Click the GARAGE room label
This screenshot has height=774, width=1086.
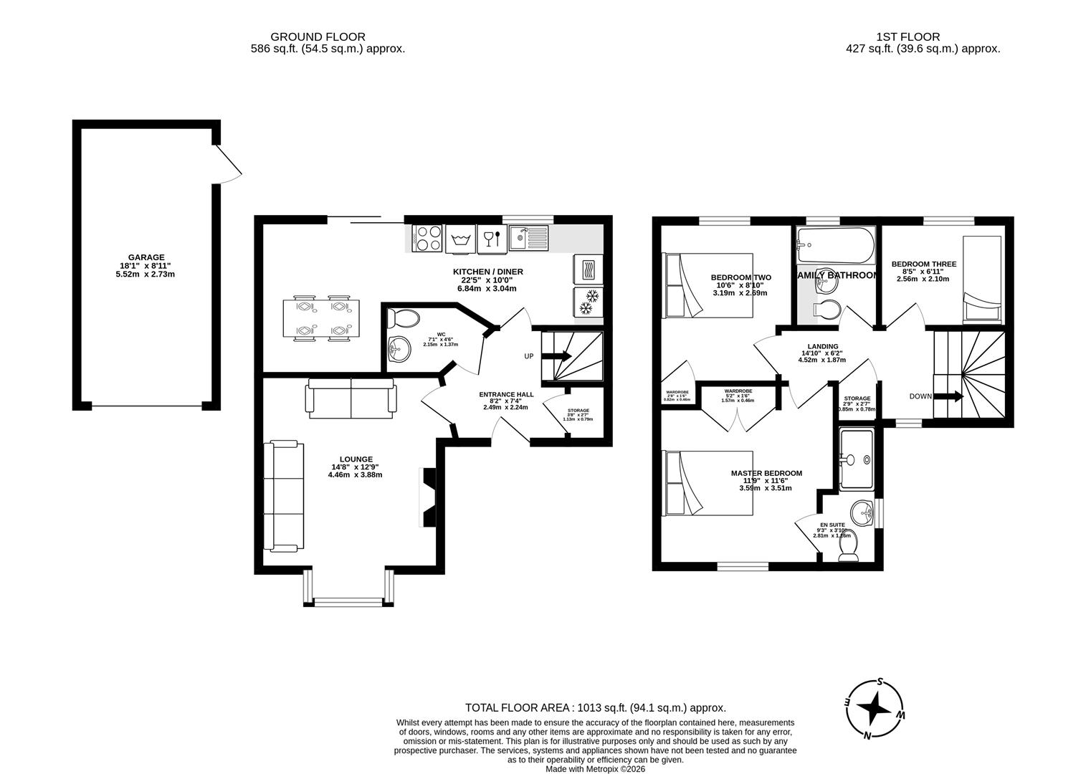click(146, 266)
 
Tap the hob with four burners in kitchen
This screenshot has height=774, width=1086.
click(428, 239)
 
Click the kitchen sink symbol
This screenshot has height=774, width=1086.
click(528, 238)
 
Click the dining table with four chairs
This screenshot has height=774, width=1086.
click(319, 318)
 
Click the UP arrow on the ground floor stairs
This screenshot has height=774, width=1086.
click(560, 356)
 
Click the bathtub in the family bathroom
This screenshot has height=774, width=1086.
click(835, 247)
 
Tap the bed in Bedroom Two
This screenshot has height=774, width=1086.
click(708, 285)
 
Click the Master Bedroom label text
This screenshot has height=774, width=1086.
click(766, 473)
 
